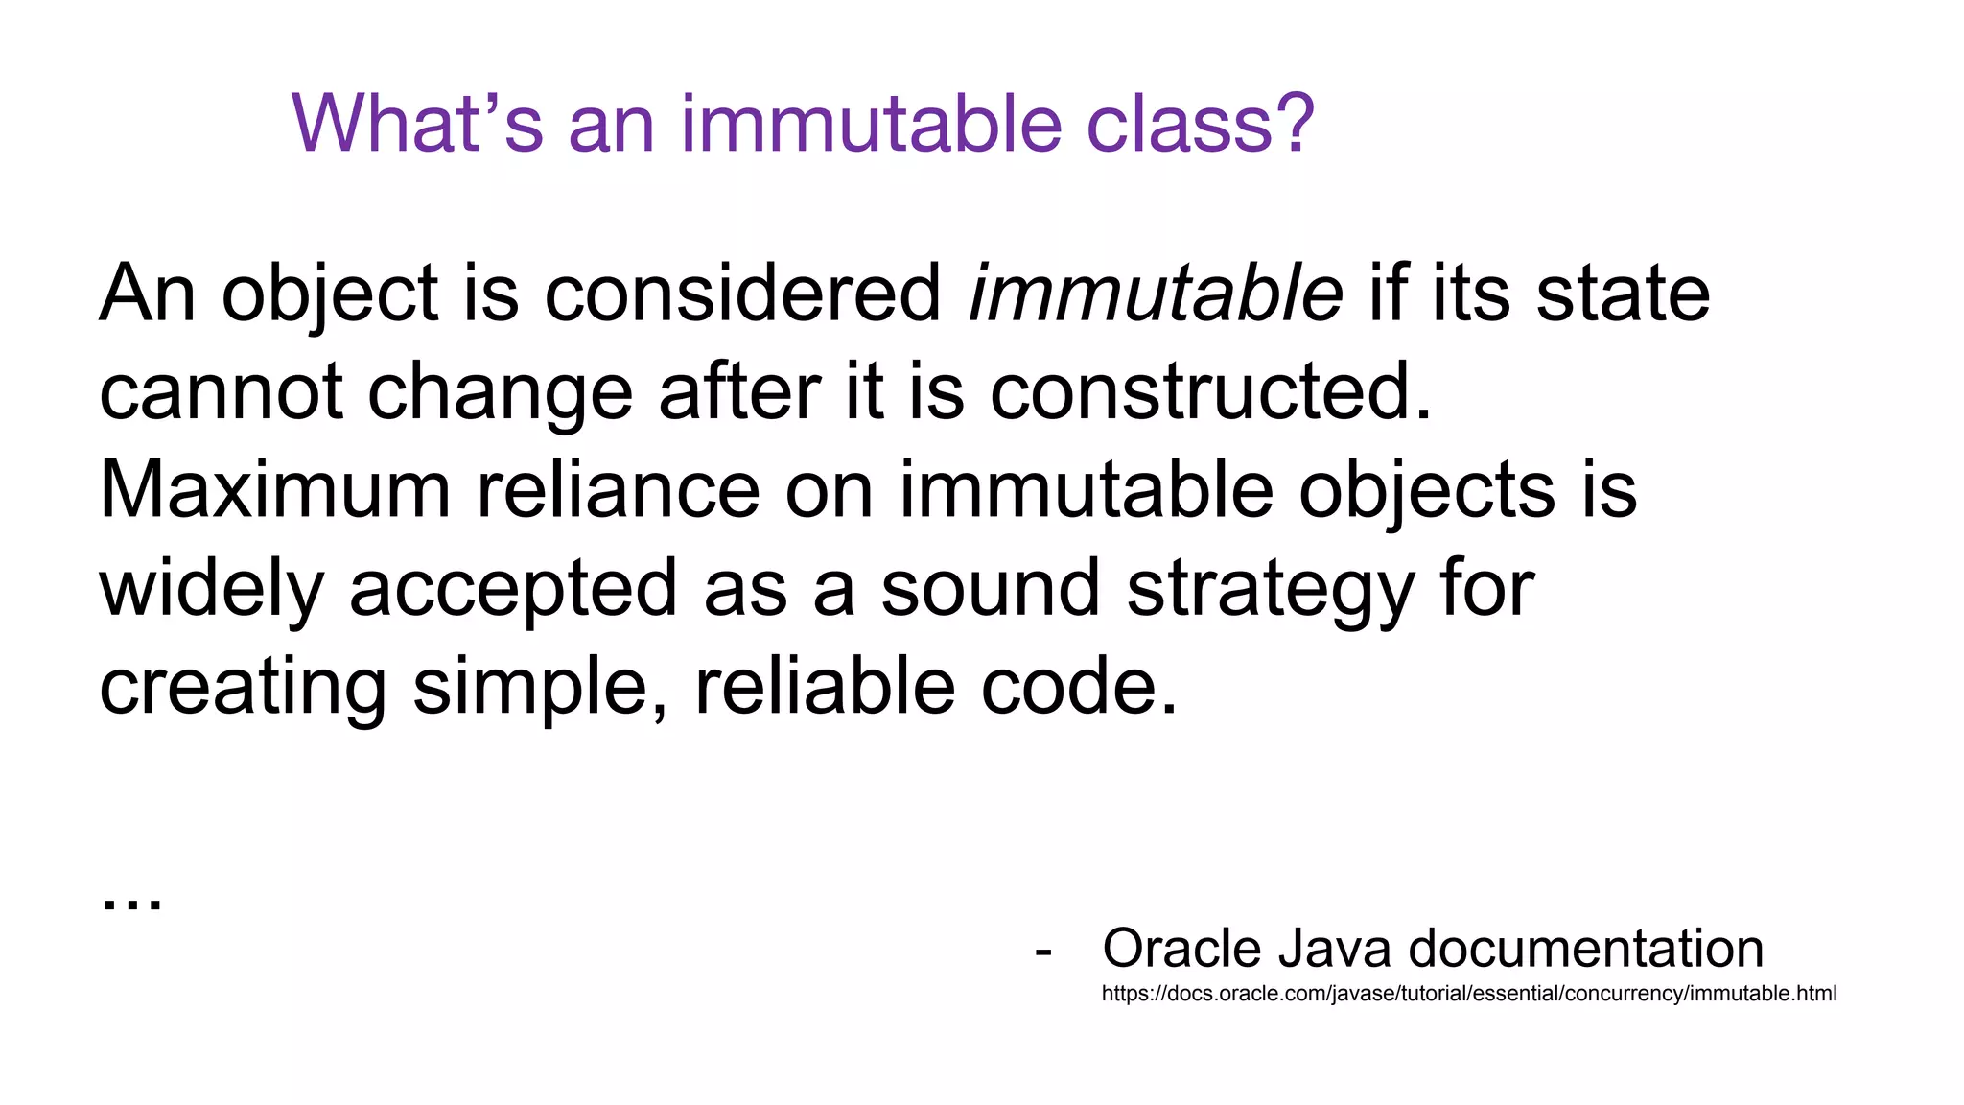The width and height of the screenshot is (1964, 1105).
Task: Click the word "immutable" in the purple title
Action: coord(871,124)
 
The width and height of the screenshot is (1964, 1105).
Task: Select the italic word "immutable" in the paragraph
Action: coord(1156,294)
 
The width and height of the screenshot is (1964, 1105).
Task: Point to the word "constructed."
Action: coord(1210,392)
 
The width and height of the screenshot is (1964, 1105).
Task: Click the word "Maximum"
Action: coord(275,490)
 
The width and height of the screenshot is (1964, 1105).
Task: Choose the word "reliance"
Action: coord(619,490)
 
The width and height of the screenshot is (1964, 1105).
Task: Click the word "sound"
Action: coord(990,589)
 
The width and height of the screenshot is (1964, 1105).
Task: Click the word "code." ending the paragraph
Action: coord(1079,687)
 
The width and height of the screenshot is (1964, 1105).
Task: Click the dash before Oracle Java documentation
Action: coord(1043,952)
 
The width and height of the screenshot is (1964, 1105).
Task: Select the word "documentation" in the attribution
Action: coord(1585,949)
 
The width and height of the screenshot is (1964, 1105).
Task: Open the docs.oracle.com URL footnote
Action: coord(1468,994)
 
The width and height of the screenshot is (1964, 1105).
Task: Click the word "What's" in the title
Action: coord(417,124)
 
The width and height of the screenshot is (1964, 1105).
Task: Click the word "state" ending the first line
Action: coord(1623,294)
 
